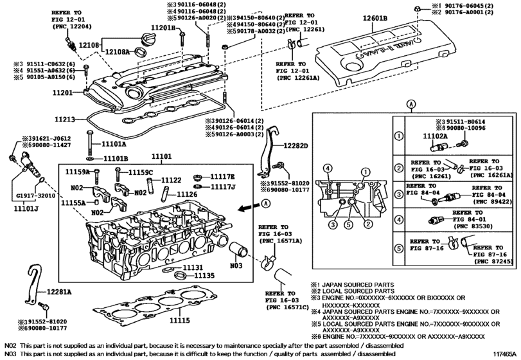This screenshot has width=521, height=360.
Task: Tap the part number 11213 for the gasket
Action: point(65,120)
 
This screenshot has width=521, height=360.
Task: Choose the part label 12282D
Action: point(296,146)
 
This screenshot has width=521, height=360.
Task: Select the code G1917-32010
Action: point(35,195)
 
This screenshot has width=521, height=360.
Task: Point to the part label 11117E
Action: point(224,176)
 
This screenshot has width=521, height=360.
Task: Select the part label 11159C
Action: point(140,172)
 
